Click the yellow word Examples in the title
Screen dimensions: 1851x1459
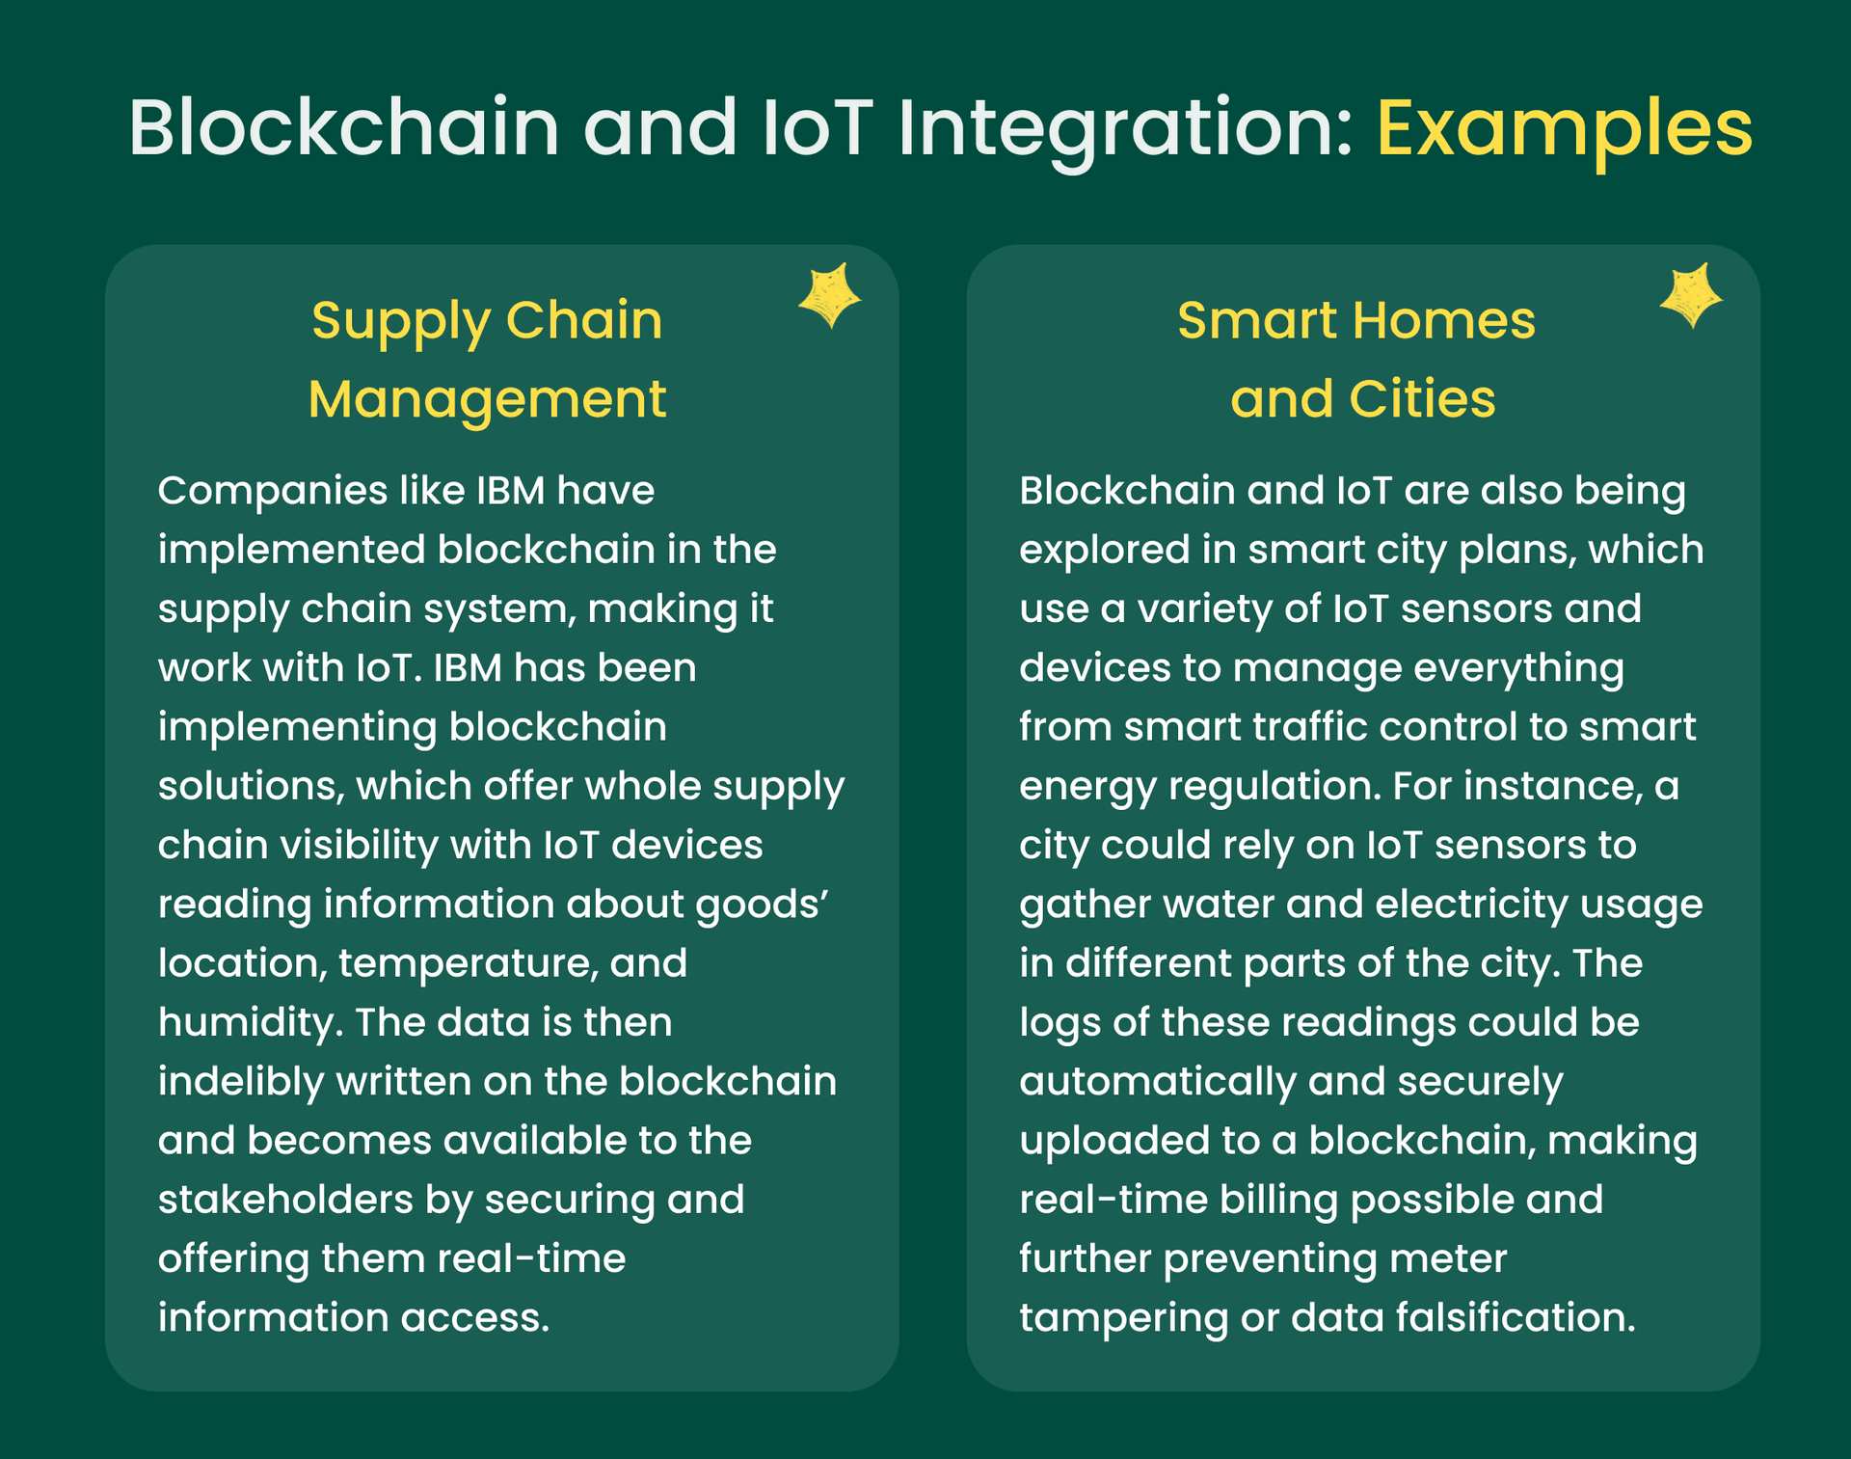point(1564,128)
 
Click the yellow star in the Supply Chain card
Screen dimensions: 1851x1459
point(829,295)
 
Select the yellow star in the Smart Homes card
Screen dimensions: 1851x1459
point(1690,295)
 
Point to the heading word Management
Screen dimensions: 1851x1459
point(487,400)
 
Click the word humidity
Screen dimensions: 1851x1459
point(251,1023)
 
